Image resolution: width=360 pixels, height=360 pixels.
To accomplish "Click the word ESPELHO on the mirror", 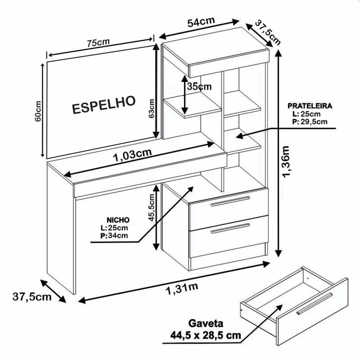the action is click(104, 105).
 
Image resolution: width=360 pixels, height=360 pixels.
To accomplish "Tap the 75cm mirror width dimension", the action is click(98, 43).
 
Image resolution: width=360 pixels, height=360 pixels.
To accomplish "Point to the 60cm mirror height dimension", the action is click(38, 111).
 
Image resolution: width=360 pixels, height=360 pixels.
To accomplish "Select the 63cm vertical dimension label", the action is click(152, 108).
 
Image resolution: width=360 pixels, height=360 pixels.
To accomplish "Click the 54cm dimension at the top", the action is click(201, 22).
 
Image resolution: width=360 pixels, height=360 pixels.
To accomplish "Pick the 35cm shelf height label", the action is click(199, 86).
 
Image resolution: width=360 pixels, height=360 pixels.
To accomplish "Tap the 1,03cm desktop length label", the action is click(133, 155).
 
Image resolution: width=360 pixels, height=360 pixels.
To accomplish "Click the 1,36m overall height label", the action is click(286, 162).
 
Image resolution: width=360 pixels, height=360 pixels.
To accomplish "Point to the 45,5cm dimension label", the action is click(152, 207).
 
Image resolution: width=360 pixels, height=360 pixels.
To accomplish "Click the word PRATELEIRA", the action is click(310, 106).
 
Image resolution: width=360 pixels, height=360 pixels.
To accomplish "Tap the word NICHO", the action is click(118, 220).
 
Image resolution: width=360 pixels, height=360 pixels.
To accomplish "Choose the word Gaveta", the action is click(206, 323).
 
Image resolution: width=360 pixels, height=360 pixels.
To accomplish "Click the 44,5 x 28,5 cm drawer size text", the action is click(206, 335).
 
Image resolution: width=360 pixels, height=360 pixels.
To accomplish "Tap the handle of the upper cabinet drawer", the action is click(230, 201).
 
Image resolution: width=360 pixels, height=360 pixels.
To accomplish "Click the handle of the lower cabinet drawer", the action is click(230, 228).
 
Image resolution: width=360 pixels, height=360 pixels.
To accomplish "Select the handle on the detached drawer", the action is click(314, 303).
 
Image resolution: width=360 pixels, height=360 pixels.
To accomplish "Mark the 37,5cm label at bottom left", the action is click(32, 297).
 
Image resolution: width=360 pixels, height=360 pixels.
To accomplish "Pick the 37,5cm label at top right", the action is click(268, 33).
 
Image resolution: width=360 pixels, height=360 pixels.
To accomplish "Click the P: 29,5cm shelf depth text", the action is click(310, 121).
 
